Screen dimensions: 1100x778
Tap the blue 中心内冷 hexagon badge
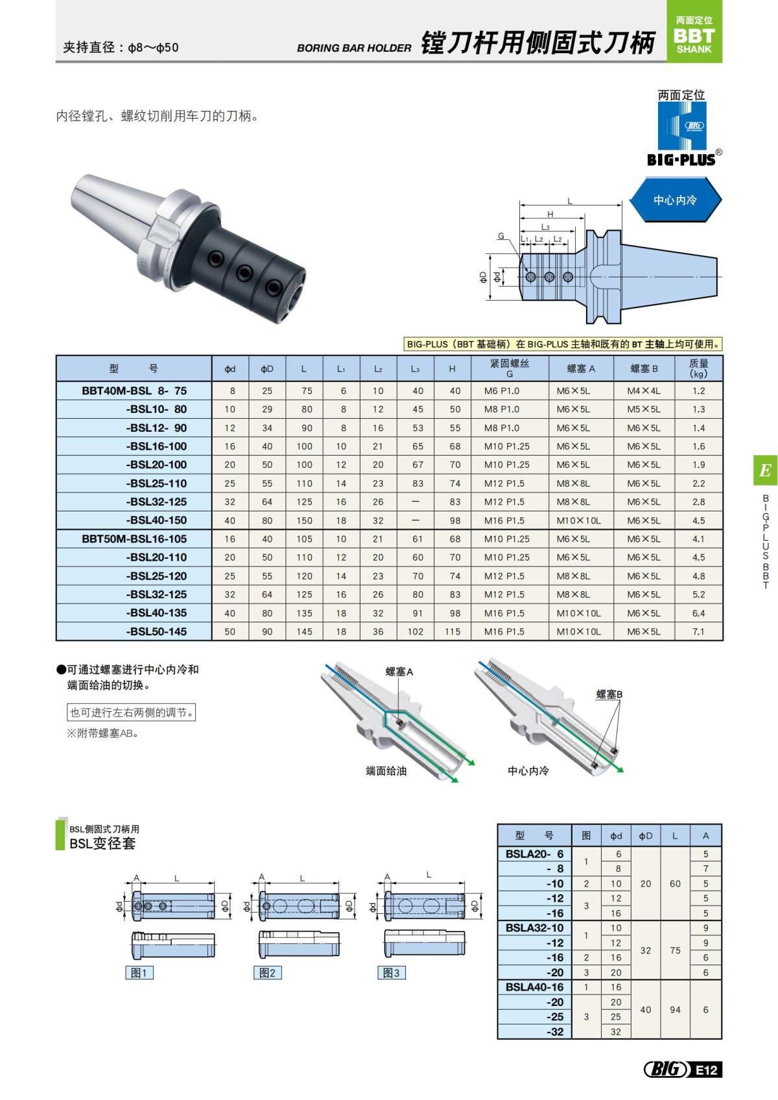pyautogui.click(x=674, y=200)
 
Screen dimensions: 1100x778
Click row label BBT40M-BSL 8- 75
pyautogui.click(x=134, y=391)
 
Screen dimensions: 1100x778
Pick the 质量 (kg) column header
pyautogui.click(x=698, y=368)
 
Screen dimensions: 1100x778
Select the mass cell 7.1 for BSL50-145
pyautogui.click(x=698, y=631)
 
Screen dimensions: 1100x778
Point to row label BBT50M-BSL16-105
pyautogui.click(x=134, y=539)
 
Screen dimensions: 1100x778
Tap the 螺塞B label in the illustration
pyautogui.click(x=609, y=694)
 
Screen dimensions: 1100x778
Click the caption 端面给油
pyautogui.click(x=386, y=771)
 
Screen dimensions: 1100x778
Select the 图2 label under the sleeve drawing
pyautogui.click(x=267, y=972)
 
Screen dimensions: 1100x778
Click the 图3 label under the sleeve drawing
pyautogui.click(x=392, y=972)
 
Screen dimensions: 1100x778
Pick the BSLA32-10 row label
pyautogui.click(x=534, y=928)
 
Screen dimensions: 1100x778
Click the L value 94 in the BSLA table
pyautogui.click(x=675, y=1009)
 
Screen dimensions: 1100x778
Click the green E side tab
pyautogui.click(x=765, y=471)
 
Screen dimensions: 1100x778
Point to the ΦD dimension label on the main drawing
pyautogui.click(x=483, y=277)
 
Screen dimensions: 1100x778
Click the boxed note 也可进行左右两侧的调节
pyautogui.click(x=132, y=712)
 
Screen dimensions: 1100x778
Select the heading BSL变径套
pyautogui.click(x=102, y=843)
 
